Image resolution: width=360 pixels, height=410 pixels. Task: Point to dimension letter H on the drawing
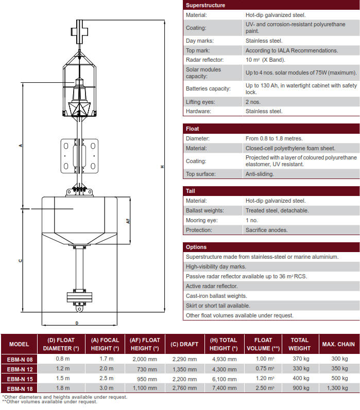[162, 167]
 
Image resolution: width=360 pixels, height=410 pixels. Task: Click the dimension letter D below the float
[77, 323]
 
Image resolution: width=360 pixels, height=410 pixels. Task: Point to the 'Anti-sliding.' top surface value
[260, 174]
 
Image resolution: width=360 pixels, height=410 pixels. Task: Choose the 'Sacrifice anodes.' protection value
[267, 230]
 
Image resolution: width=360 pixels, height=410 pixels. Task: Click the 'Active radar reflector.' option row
[212, 286]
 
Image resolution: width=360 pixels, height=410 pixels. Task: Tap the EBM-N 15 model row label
[19, 379]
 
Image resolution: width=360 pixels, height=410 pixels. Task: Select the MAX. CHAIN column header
[338, 344]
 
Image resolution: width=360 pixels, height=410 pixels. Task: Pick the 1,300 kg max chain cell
[338, 388]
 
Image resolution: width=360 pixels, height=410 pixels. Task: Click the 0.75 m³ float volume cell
[263, 369]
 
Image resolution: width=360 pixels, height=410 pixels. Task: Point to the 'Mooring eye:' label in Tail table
[202, 220]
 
